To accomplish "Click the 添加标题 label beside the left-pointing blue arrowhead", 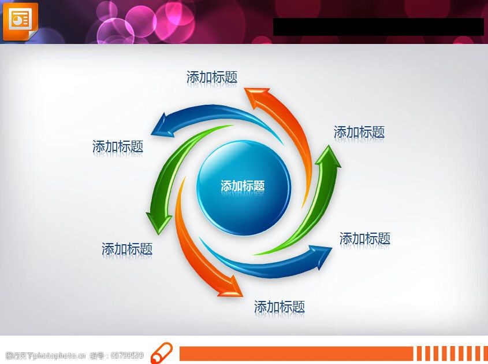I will [x=118, y=146].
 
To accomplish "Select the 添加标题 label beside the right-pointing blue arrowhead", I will [x=365, y=238].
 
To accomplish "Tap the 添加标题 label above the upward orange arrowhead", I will [x=212, y=77].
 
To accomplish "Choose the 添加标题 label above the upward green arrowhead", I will [x=359, y=132].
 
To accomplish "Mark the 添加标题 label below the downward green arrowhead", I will [x=127, y=249].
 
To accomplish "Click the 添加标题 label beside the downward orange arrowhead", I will [x=280, y=307].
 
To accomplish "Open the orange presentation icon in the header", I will [x=20, y=21].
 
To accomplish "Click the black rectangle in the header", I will [x=378, y=27].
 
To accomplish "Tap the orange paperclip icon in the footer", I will [x=161, y=353].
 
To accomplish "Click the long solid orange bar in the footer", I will [x=296, y=354].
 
